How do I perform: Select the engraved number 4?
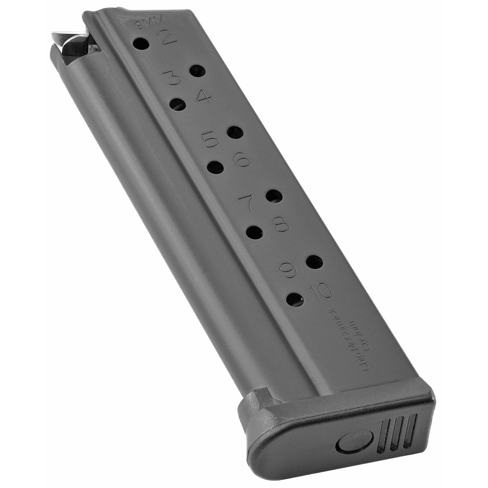click(x=203, y=96)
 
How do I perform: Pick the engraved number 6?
click(x=241, y=159)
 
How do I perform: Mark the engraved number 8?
click(x=281, y=223)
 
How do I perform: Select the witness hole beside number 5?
click(x=235, y=132)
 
